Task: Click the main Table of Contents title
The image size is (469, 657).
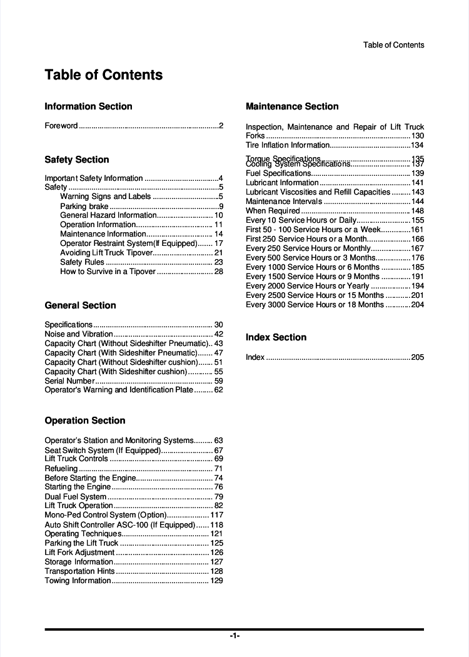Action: [104, 75]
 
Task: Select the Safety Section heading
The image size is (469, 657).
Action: [77, 160]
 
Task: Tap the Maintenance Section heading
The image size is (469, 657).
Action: [292, 106]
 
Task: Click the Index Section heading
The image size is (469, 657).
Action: [276, 337]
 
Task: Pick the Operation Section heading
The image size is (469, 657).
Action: [85, 420]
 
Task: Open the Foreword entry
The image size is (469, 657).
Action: [61, 126]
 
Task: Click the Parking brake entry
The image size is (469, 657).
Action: [84, 206]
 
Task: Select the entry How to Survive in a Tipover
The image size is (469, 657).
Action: [108, 272]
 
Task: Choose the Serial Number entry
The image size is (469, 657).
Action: [69, 380]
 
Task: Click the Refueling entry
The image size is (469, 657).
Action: [61, 468]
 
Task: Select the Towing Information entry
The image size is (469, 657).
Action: [78, 581]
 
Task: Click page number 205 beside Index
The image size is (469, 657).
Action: [417, 357]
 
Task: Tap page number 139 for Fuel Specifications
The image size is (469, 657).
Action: [417, 173]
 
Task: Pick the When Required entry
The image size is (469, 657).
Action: [273, 211]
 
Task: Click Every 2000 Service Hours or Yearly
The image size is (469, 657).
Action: [308, 286]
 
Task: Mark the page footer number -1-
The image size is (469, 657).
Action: [234, 636]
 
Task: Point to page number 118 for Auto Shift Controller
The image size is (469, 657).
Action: [216, 524]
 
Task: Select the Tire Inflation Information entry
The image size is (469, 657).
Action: [288, 145]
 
